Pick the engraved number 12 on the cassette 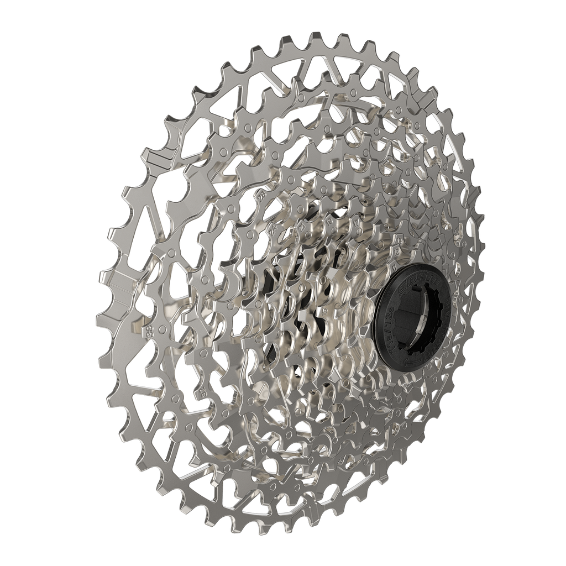pos(397,252)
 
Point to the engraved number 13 pos(400,241)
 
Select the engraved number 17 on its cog pos(356,223)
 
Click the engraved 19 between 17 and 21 pos(329,222)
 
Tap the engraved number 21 pos(302,227)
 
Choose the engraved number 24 pos(273,230)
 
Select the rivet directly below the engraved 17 pos(359,232)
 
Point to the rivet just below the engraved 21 pos(308,235)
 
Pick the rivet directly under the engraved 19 pos(334,230)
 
